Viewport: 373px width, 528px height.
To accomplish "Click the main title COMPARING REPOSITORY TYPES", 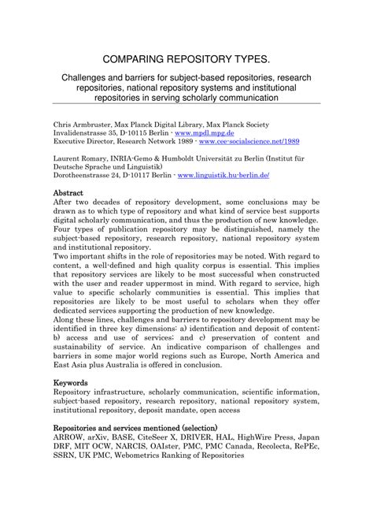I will coord(186,61).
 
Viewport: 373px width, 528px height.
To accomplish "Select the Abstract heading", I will coord(72,192).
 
